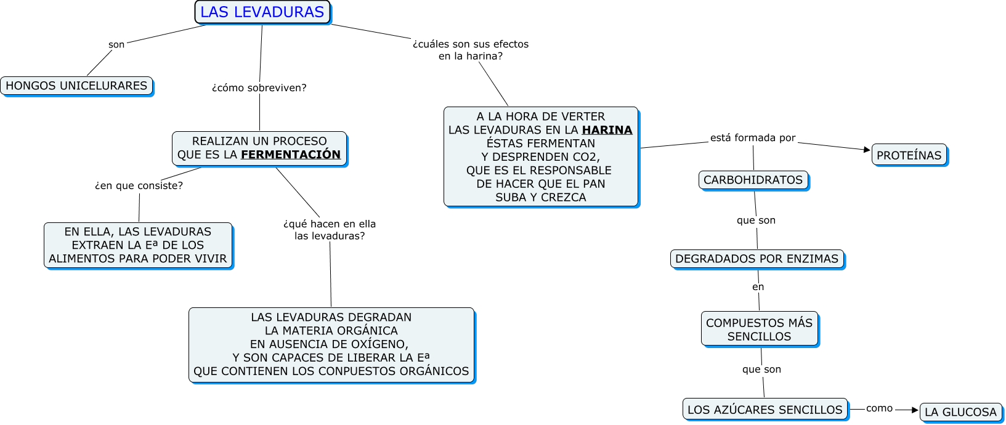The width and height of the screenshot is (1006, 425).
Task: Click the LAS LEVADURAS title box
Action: (262, 12)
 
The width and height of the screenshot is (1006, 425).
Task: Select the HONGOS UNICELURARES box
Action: (76, 86)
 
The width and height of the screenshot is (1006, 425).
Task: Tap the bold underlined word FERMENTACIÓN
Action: (291, 155)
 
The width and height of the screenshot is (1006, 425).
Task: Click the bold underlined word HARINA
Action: (607, 130)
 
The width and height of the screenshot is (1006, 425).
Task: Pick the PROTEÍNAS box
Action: (909, 155)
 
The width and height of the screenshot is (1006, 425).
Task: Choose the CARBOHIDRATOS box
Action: (753, 180)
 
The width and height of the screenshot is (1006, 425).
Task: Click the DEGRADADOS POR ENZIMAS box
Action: (757, 259)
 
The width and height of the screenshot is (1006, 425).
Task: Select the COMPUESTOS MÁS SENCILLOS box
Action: (759, 329)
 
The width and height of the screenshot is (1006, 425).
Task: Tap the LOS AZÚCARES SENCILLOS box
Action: (765, 410)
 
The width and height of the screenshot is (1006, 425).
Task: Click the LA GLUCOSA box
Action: (960, 412)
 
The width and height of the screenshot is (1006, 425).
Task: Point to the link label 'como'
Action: (879, 408)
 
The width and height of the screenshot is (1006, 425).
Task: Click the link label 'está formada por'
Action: (753, 138)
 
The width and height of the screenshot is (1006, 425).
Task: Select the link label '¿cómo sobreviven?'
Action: (259, 88)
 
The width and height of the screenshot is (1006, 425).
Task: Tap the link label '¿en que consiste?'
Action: (139, 186)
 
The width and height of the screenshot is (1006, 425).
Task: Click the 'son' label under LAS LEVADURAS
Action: (116, 44)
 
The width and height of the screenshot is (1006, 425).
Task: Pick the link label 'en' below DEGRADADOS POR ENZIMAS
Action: (758, 287)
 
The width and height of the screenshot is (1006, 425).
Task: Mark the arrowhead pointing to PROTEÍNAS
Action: (867, 149)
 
